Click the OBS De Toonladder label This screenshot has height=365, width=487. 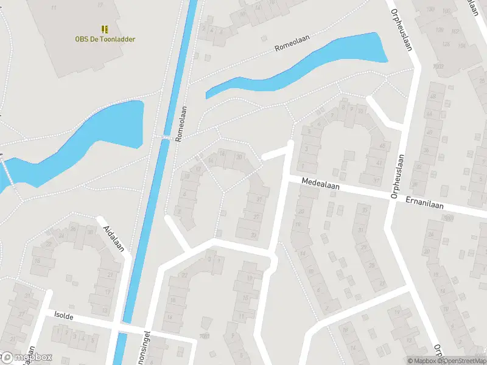click(x=105, y=40)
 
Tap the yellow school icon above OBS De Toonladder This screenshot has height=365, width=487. click(x=105, y=29)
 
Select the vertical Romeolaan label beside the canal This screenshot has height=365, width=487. click(x=180, y=124)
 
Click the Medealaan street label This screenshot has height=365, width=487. click(x=322, y=182)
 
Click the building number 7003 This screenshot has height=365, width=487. click(x=438, y=66)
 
